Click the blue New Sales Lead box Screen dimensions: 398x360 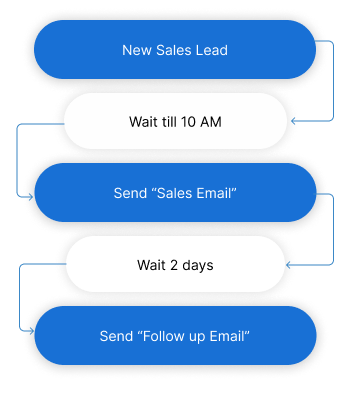tap(175, 50)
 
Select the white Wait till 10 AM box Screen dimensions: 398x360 tap(175, 121)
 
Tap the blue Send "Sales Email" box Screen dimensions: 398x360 tap(175, 192)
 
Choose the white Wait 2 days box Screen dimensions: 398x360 tap(175, 264)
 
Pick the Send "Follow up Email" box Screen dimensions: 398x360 tap(175, 335)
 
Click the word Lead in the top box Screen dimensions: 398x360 tap(211, 50)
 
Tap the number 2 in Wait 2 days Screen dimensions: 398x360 tap(173, 264)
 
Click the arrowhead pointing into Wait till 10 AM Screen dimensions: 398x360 tap(293, 121)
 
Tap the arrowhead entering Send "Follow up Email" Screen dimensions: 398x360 tap(31, 335)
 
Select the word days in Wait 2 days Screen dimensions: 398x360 tap(197, 264)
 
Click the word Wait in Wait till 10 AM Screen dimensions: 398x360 tap(144, 121)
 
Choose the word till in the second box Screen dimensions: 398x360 tap(170, 121)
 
